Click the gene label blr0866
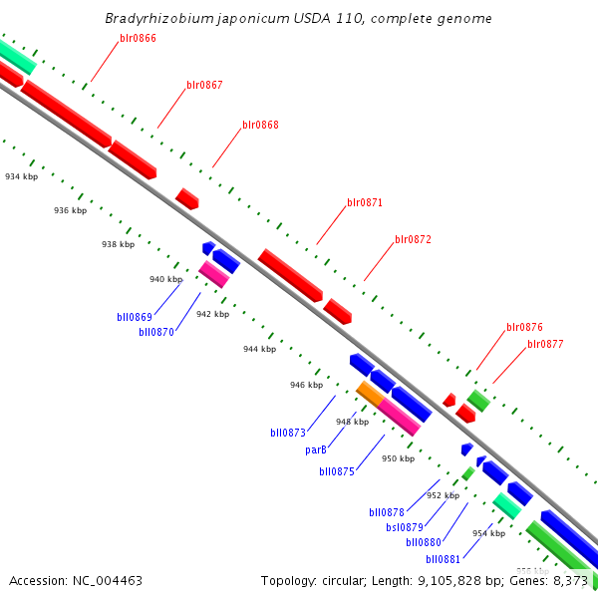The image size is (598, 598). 138,38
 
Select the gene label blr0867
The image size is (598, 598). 204,85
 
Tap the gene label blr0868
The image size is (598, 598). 260,126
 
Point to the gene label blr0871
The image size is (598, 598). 365,202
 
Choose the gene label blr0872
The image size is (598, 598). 413,239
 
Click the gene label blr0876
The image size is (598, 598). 524,327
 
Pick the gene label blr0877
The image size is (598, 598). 546,344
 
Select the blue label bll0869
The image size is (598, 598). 134,317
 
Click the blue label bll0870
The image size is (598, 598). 156,332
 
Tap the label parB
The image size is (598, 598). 316,450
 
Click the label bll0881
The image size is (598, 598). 443,559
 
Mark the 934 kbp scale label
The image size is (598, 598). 21,176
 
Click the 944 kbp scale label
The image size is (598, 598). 259,350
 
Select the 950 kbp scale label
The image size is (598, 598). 398,459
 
